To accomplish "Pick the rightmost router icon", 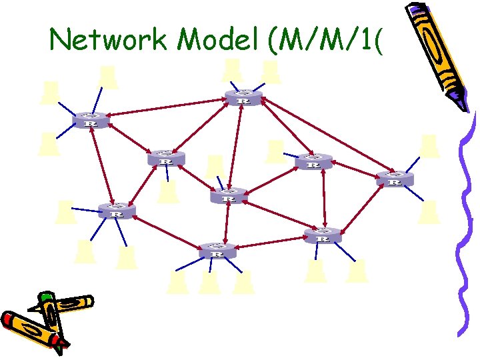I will click(x=394, y=179).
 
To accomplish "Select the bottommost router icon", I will click(x=217, y=251).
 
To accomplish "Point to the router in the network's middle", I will click(x=228, y=197).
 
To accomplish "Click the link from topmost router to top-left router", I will click(x=167, y=107).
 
